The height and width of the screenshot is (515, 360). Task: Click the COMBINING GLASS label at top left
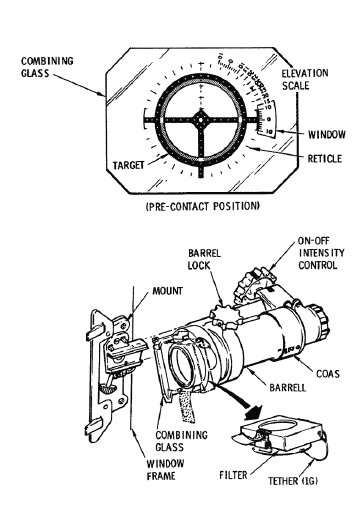click(47, 67)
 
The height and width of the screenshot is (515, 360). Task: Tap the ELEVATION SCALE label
click(305, 79)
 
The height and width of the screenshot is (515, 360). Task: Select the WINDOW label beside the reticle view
click(327, 135)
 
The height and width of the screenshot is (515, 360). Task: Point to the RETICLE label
click(325, 158)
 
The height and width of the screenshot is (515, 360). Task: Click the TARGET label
click(129, 165)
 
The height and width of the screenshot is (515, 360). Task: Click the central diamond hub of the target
click(201, 120)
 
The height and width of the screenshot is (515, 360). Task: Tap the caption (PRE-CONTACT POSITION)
click(202, 207)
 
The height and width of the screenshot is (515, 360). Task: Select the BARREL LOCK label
click(204, 259)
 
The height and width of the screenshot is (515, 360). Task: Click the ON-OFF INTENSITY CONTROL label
click(321, 253)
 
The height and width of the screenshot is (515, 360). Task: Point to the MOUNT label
click(167, 291)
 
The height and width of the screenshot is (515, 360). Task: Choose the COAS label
click(328, 374)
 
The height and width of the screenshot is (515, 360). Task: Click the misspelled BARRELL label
click(288, 388)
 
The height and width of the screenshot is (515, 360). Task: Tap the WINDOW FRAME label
click(165, 469)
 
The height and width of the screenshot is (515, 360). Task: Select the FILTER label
click(233, 475)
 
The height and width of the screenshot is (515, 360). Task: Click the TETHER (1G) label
click(293, 481)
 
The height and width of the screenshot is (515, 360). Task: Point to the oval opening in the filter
click(278, 426)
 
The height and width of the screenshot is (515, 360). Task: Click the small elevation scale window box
click(269, 119)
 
